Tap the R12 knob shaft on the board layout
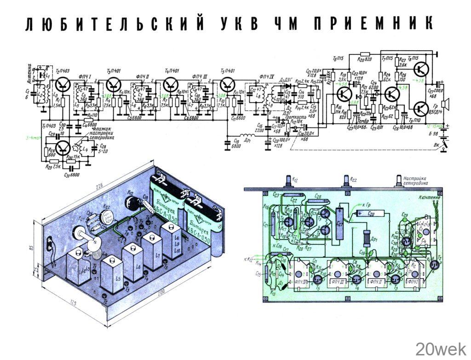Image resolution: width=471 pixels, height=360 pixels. tap(290, 182)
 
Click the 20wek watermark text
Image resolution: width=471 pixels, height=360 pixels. tap(441, 349)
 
